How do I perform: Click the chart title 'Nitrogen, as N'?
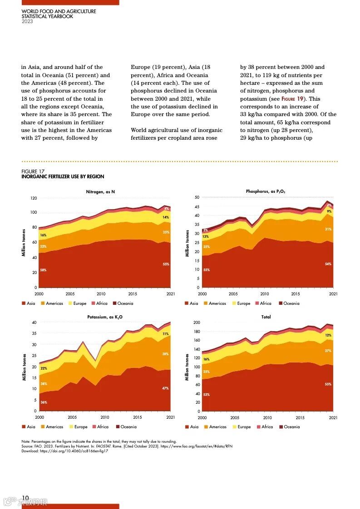click(100, 192)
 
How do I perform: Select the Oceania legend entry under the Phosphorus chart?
click(291, 303)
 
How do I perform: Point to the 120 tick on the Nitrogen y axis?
click(34, 198)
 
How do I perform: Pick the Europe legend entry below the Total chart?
click(244, 427)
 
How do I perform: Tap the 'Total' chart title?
click(266, 317)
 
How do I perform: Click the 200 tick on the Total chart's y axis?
click(197, 323)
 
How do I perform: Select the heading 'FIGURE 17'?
click(33, 171)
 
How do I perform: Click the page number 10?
click(25, 498)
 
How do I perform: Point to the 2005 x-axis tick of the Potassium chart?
click(72, 417)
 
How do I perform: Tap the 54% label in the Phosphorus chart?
click(328, 264)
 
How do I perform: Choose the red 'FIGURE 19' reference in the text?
click(295, 99)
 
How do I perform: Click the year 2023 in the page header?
click(27, 21)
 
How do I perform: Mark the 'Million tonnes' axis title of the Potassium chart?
click(24, 367)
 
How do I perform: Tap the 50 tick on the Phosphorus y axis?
click(197, 197)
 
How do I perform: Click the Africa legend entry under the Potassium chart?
click(103, 427)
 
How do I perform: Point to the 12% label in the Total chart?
click(328, 335)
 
